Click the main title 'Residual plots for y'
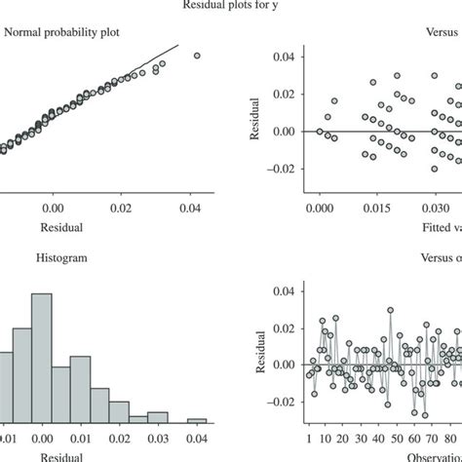tap(232, 5)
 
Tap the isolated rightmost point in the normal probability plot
tap(197, 56)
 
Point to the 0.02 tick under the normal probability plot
tap(120, 208)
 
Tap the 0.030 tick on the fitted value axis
tap(430, 208)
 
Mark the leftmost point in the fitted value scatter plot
tap(320, 131)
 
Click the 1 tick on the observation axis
tap(309, 439)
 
